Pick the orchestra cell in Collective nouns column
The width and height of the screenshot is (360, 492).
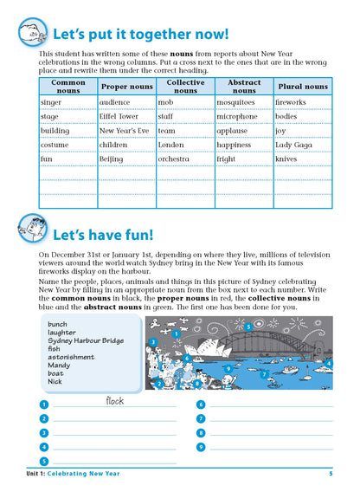pyautogui.click(x=176, y=159)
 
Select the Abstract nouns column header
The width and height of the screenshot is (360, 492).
pyautogui.click(x=243, y=86)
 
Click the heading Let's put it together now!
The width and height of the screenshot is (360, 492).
pyautogui.click(x=141, y=36)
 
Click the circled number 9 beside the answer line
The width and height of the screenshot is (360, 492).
pyautogui.click(x=200, y=447)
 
